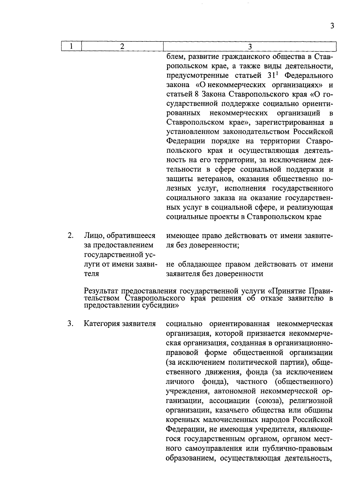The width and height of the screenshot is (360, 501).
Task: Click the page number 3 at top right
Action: (332, 26)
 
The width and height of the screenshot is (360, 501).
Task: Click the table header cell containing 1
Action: (71, 47)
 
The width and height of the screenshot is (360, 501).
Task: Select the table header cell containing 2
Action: (122, 47)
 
